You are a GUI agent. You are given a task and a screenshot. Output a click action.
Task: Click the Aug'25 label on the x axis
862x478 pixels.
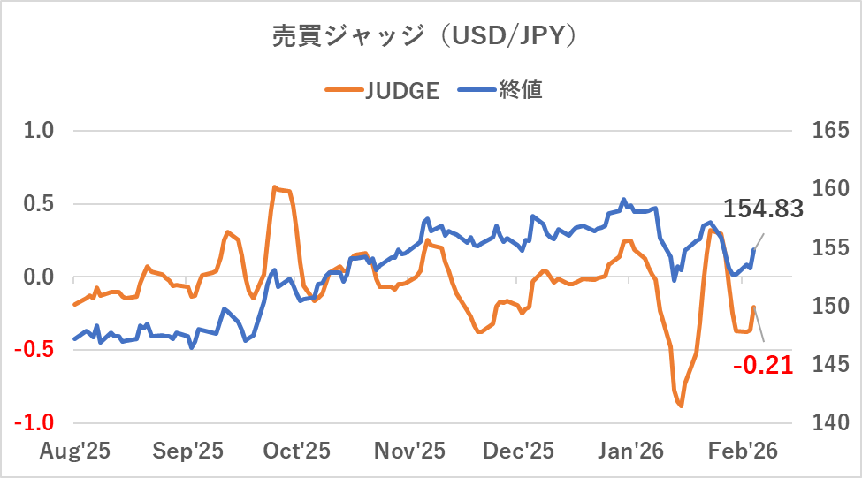(75, 451)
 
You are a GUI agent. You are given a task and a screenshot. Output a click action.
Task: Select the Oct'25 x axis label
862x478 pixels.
(296, 451)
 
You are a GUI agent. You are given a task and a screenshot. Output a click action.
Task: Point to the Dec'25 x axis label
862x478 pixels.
(519, 451)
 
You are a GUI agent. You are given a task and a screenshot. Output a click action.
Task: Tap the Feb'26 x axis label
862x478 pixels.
(743, 451)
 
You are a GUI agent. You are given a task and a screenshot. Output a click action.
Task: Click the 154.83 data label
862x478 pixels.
(763, 209)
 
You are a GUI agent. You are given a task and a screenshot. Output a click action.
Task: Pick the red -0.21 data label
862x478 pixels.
(763, 364)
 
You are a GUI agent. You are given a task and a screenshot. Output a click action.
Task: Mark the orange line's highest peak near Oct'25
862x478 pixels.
(275, 187)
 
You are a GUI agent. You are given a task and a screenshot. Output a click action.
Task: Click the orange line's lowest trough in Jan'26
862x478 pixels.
(682, 406)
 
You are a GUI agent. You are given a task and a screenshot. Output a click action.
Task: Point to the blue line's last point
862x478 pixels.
(754, 249)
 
